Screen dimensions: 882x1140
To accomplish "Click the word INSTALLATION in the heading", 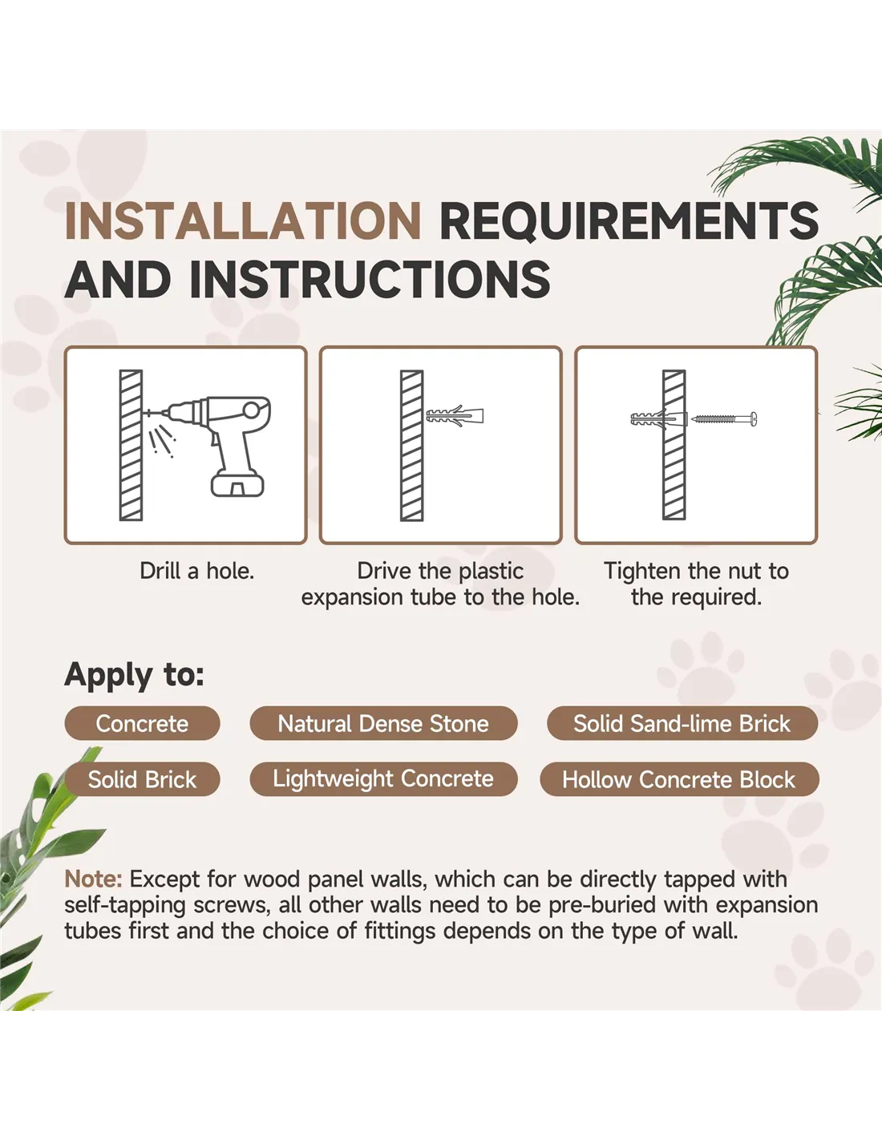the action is (x=242, y=220).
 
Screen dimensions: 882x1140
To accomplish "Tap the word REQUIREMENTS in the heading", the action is (x=629, y=220).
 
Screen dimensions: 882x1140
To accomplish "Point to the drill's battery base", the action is (x=237, y=483).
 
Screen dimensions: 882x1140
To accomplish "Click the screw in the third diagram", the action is (x=723, y=418).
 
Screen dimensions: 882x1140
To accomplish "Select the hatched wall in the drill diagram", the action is (x=131, y=446).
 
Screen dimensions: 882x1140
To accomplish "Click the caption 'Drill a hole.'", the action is (x=196, y=571).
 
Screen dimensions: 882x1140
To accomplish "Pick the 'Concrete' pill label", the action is (x=142, y=723).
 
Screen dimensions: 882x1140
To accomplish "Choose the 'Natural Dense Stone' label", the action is (x=383, y=723).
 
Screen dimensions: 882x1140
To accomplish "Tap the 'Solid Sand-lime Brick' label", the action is (x=682, y=723).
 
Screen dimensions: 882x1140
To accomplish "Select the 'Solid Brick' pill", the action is (x=142, y=779).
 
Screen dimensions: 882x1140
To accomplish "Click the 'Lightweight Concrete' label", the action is (x=383, y=779).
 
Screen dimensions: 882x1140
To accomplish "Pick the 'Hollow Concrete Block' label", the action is (x=679, y=779).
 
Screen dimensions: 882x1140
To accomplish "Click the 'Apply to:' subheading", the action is (x=135, y=675).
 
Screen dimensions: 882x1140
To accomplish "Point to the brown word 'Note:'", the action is (x=93, y=879).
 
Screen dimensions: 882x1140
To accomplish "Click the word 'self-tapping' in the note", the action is (x=125, y=906).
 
